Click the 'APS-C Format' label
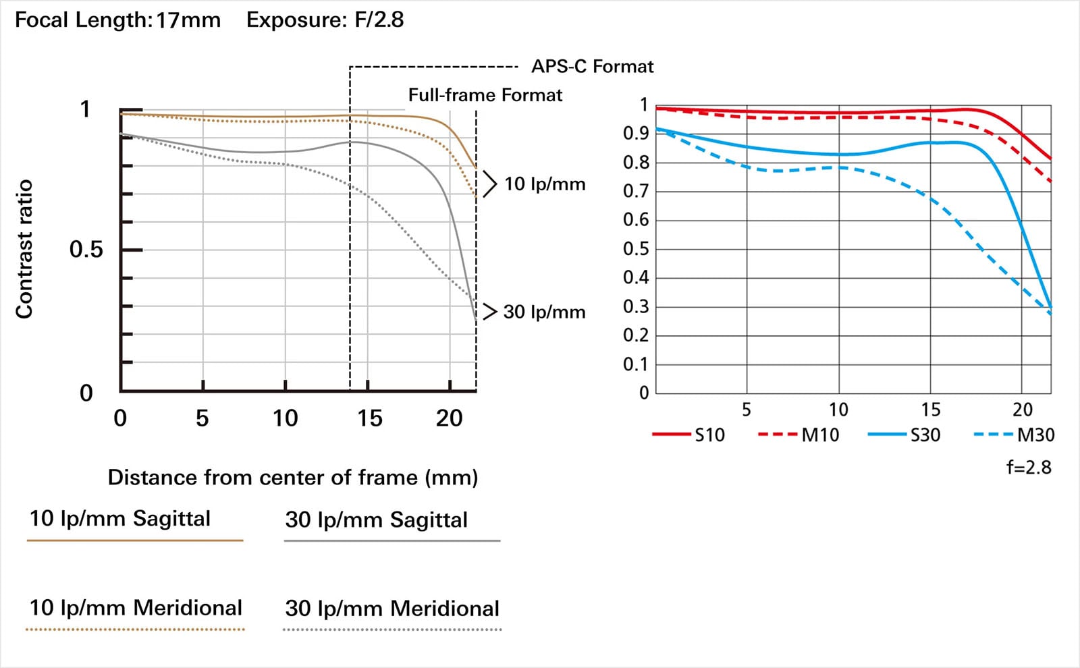(592, 67)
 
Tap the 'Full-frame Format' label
(485, 95)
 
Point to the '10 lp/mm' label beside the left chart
(544, 184)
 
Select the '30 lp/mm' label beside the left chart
(544, 312)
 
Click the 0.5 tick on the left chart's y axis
(86, 250)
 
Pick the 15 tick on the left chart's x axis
(370, 418)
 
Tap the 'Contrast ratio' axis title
(24, 249)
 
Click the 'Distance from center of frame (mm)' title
(292, 478)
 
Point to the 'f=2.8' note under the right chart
(1029, 468)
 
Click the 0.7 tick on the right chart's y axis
(635, 191)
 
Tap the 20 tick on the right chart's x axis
(1022, 410)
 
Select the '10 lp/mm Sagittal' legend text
(120, 519)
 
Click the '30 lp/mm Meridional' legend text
(392, 609)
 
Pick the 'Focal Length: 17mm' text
(117, 20)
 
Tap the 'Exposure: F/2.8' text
(325, 20)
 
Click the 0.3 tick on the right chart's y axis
(635, 306)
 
